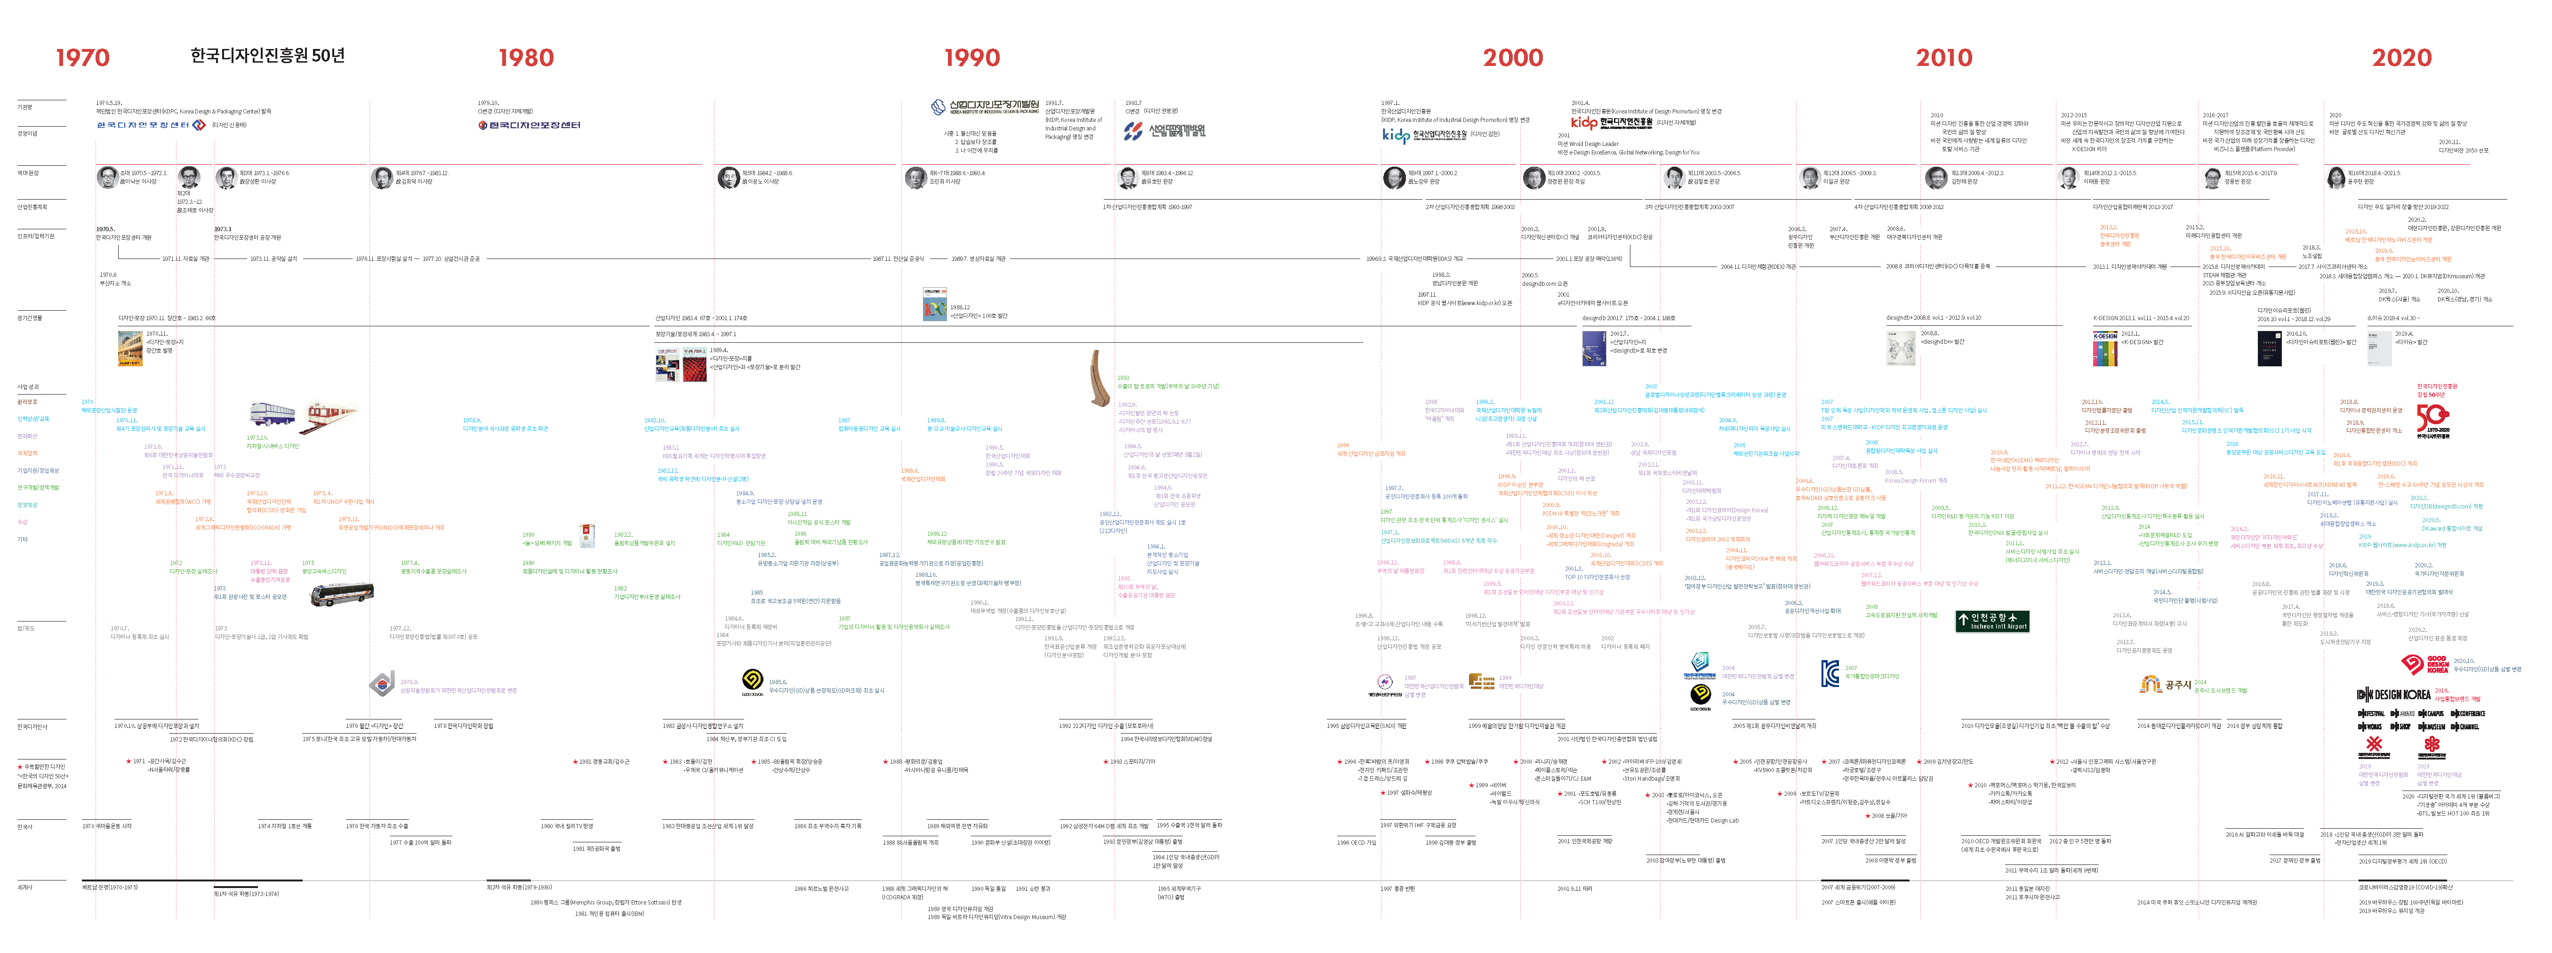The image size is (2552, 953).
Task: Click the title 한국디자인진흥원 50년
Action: (267, 56)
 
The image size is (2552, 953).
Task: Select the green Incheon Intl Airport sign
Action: (1992, 621)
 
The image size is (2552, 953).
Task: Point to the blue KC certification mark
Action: (1830, 674)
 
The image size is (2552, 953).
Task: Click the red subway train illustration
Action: (330, 414)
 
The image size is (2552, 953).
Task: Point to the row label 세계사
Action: (25, 887)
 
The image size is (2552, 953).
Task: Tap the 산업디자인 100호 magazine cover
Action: (934, 305)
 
